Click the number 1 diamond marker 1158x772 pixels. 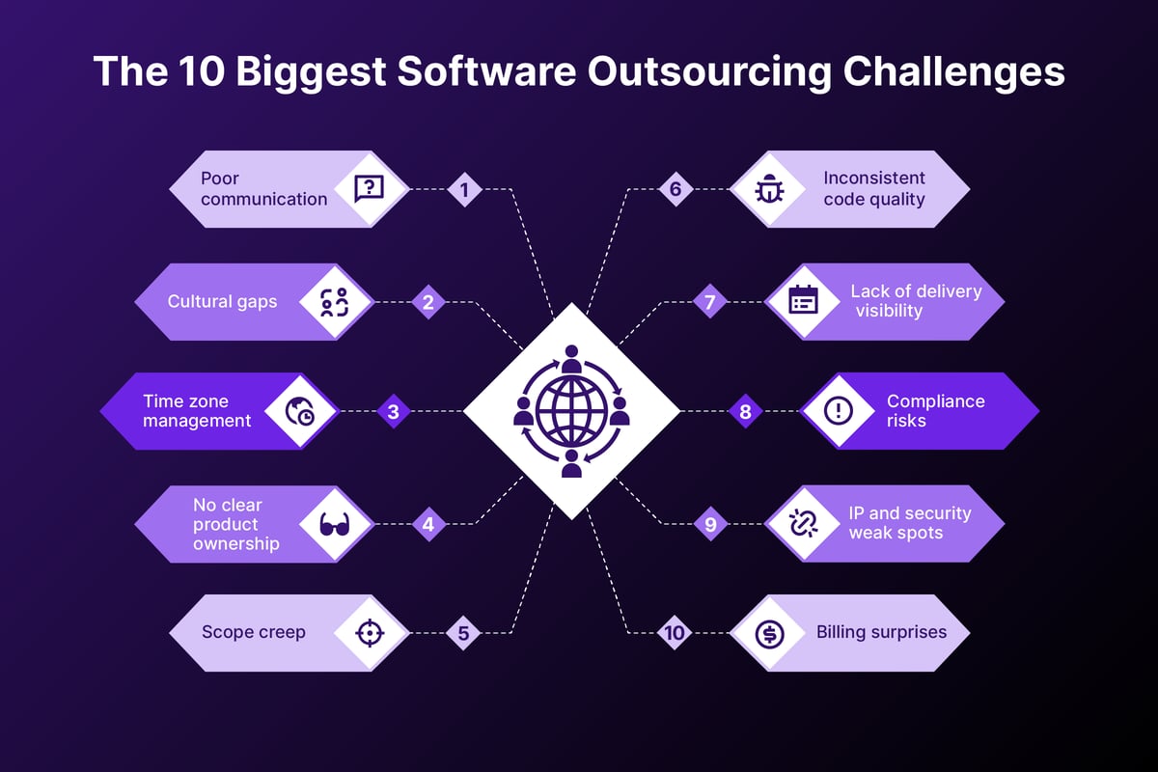click(x=464, y=189)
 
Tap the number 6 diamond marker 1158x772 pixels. click(x=675, y=189)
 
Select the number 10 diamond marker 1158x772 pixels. click(x=675, y=633)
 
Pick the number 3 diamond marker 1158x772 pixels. click(x=393, y=412)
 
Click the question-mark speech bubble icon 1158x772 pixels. click(x=369, y=188)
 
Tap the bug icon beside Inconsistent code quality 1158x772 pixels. click(x=769, y=189)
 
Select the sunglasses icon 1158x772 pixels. click(x=333, y=525)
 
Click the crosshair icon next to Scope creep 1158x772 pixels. click(x=369, y=633)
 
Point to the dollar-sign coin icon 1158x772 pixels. click(x=769, y=634)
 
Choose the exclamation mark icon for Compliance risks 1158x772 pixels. click(x=839, y=411)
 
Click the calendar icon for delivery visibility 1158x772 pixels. click(x=803, y=300)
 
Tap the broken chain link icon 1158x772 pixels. click(x=803, y=524)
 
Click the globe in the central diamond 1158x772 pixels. click(x=570, y=410)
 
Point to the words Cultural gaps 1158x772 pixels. click(x=222, y=301)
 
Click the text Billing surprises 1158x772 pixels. click(x=881, y=633)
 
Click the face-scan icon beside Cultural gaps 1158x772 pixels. click(x=333, y=301)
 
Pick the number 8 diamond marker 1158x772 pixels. click(x=745, y=412)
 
